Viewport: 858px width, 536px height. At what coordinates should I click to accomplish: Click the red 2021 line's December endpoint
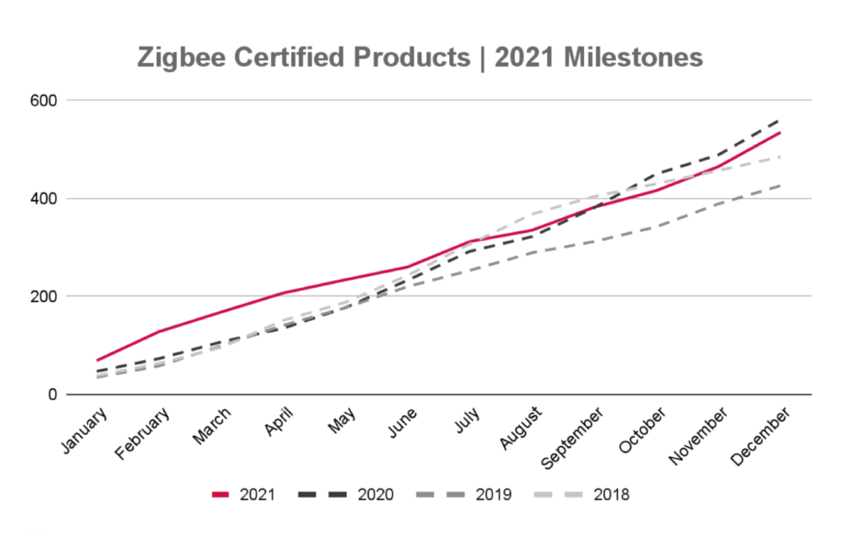(x=781, y=133)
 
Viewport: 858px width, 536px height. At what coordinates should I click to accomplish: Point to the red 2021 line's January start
(x=98, y=360)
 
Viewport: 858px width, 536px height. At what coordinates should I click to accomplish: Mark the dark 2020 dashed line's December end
(x=781, y=119)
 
